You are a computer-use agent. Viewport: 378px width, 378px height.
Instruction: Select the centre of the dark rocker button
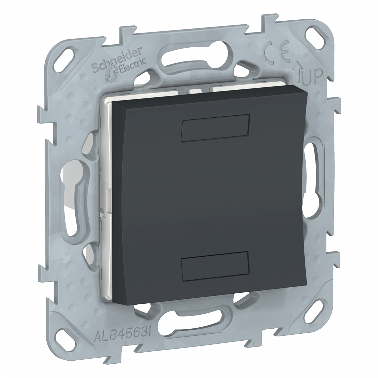pyautogui.click(x=209, y=197)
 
